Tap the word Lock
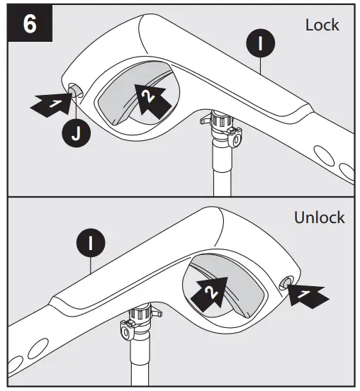tap(322, 25)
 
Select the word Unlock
tap(319, 217)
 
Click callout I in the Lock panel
tap(260, 44)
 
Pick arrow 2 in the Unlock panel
tap(209, 290)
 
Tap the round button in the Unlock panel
tap(287, 283)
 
